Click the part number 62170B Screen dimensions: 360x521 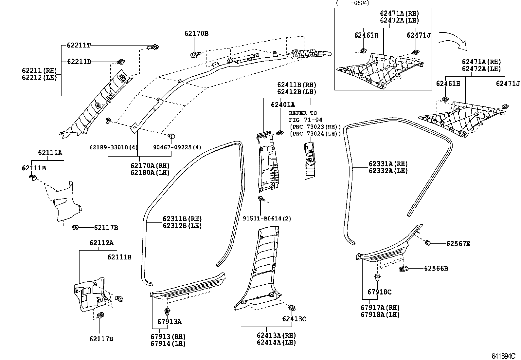tap(196, 33)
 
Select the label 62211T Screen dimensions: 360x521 tap(79, 45)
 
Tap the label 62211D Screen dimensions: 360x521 tap(79, 62)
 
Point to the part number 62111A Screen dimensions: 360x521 tap(50, 152)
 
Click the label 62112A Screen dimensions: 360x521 tap(101, 243)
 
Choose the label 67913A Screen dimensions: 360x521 tap(169, 321)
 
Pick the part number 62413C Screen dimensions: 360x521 tap(294, 319)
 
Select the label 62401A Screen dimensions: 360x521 tap(283, 104)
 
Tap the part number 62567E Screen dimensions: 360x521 tap(458, 244)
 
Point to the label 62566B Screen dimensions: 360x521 tap(436, 269)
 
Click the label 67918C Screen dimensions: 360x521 tap(379, 292)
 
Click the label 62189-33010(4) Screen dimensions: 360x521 tap(114, 148)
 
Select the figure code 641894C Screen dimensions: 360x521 tap(503, 356)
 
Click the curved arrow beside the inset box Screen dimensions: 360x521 tap(453, 39)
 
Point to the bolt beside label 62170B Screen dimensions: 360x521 tap(194, 54)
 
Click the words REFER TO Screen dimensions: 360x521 tap(303, 113)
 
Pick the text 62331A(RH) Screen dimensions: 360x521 tap(388, 164)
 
